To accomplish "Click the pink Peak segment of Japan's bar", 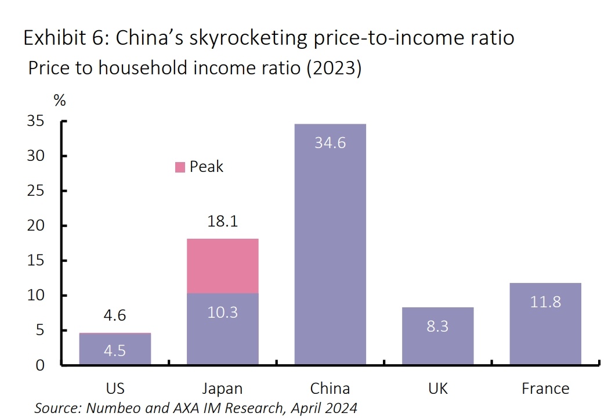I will [x=223, y=266].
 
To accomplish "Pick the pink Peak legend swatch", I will [x=180, y=167].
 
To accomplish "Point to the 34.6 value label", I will [x=330, y=143].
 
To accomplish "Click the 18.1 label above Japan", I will [x=223, y=222].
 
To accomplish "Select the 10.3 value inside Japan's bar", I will [x=223, y=313].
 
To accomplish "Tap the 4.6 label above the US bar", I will [x=115, y=316].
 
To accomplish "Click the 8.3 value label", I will [x=437, y=326].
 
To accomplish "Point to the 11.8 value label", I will [x=545, y=302].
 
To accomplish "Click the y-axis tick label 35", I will [x=36, y=121].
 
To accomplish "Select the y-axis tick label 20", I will [x=36, y=226].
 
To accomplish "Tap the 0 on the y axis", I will [x=40, y=365].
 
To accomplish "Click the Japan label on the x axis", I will [x=223, y=389].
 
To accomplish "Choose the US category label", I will [x=115, y=389].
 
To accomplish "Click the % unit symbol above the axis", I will [x=60, y=100].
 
